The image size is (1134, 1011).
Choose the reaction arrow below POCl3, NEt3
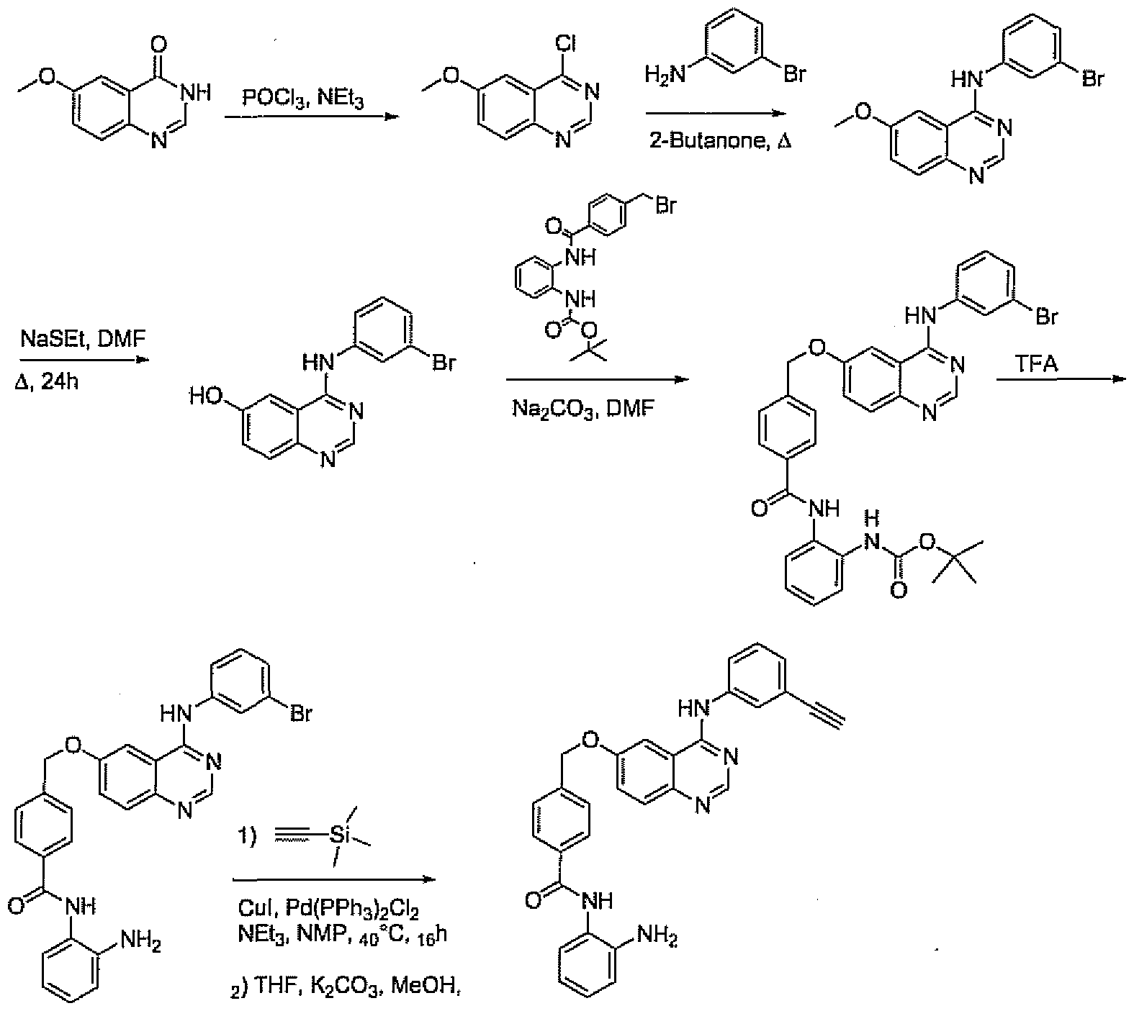(310, 117)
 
